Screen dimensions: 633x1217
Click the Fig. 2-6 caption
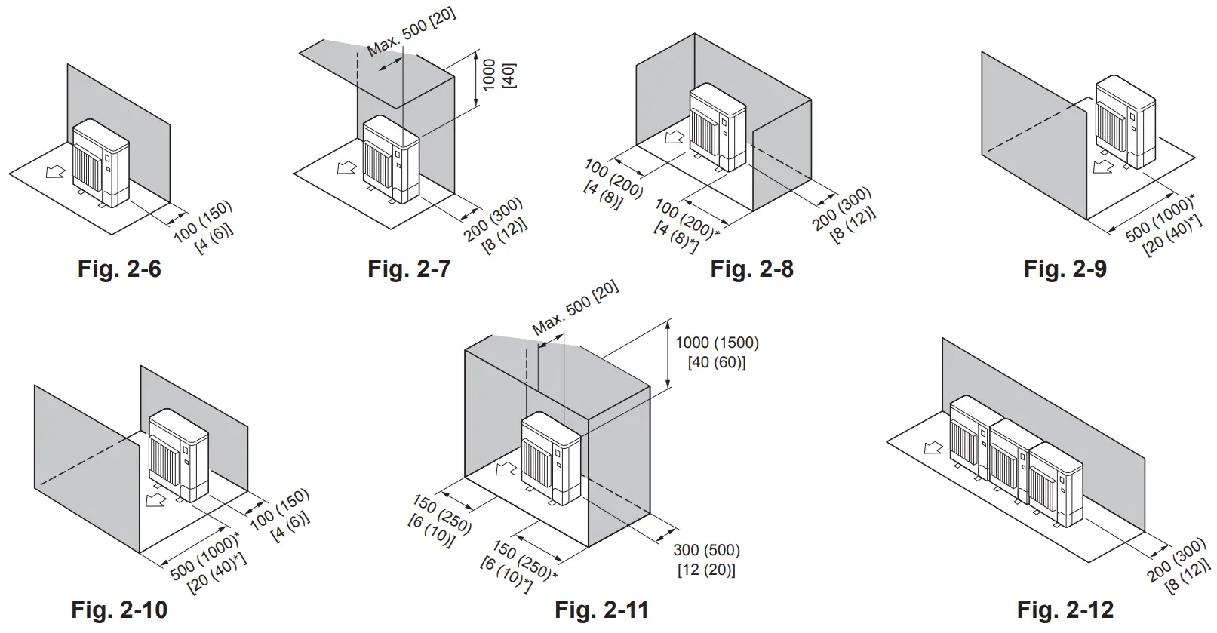119,269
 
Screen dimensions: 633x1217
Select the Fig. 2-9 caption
1065,269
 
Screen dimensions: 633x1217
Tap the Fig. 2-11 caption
601,610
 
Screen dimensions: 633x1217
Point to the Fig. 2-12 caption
1065,610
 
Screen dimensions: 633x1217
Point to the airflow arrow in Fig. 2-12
933,447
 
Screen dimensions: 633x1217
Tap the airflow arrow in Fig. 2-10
156,501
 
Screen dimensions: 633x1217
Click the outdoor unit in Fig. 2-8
718,126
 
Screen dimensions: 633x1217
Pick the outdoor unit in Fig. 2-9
1124,119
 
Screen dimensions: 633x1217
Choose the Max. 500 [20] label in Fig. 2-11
575,308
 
